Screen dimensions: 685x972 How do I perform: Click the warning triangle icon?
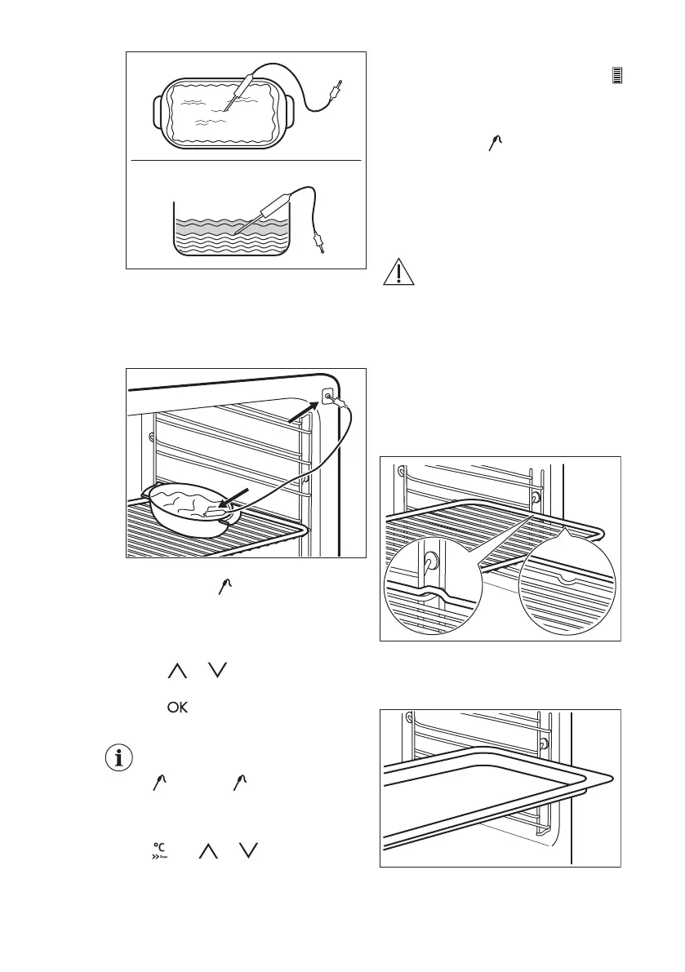(398, 273)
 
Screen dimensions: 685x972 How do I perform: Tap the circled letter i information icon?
(121, 757)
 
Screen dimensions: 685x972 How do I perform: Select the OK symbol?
(177, 708)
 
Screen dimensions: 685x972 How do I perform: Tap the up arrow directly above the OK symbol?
(176, 672)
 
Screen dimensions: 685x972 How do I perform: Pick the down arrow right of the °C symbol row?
(248, 851)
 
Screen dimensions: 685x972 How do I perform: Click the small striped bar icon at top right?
(617, 76)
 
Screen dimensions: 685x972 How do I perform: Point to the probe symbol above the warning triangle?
(496, 144)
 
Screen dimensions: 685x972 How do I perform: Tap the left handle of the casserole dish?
(157, 109)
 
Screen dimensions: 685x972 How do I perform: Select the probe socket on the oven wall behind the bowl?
(327, 398)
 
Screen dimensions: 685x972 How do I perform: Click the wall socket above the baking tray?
(543, 743)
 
